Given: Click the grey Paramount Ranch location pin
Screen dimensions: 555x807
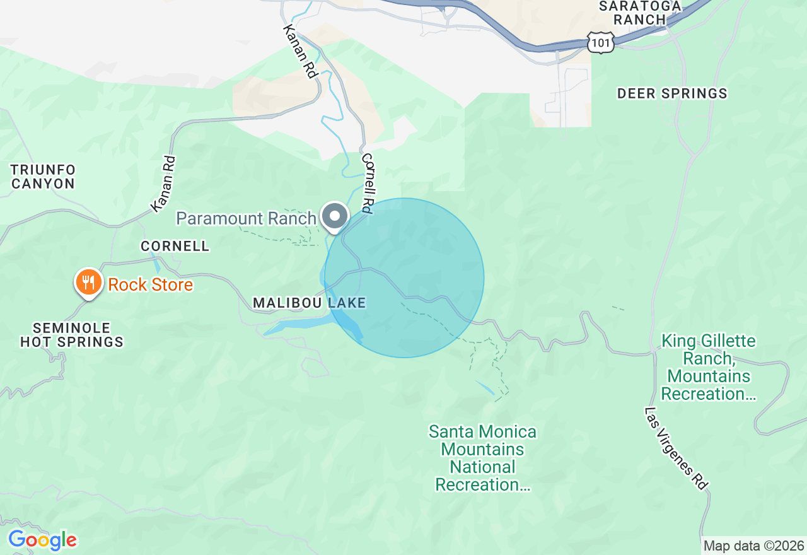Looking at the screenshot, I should [x=335, y=217].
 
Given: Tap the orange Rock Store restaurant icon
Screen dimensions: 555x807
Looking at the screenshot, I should [x=89, y=282].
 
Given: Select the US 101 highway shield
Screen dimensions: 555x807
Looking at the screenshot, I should [x=600, y=42].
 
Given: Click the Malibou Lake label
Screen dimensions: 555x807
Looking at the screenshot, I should [x=309, y=303].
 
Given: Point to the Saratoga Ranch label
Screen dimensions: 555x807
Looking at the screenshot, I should [x=640, y=13].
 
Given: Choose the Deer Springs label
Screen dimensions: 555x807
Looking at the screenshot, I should [x=671, y=94].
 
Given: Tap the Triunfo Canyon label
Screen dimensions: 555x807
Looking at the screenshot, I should [x=43, y=177].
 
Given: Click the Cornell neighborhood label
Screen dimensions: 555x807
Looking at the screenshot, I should [x=175, y=246].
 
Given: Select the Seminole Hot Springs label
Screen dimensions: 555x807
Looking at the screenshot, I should [x=71, y=336].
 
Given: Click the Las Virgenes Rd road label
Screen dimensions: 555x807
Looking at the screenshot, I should [x=676, y=448].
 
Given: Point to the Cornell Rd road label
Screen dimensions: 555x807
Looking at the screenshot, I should [x=368, y=182].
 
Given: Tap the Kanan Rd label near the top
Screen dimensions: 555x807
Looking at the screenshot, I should [x=300, y=52].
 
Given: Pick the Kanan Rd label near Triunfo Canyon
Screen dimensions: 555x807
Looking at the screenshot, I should [x=163, y=184].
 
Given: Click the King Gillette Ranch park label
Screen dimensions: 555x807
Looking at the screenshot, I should [x=707, y=368].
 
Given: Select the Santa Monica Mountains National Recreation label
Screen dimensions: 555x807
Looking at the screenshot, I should [x=482, y=459].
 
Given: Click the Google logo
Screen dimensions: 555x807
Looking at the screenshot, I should [x=42, y=540].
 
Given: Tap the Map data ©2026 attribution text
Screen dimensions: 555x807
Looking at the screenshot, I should [x=753, y=546].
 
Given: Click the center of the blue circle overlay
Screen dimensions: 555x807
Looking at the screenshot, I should [x=404, y=278].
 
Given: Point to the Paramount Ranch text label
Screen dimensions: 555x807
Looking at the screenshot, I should [x=246, y=218].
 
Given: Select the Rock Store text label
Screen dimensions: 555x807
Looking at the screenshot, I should [x=150, y=285].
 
